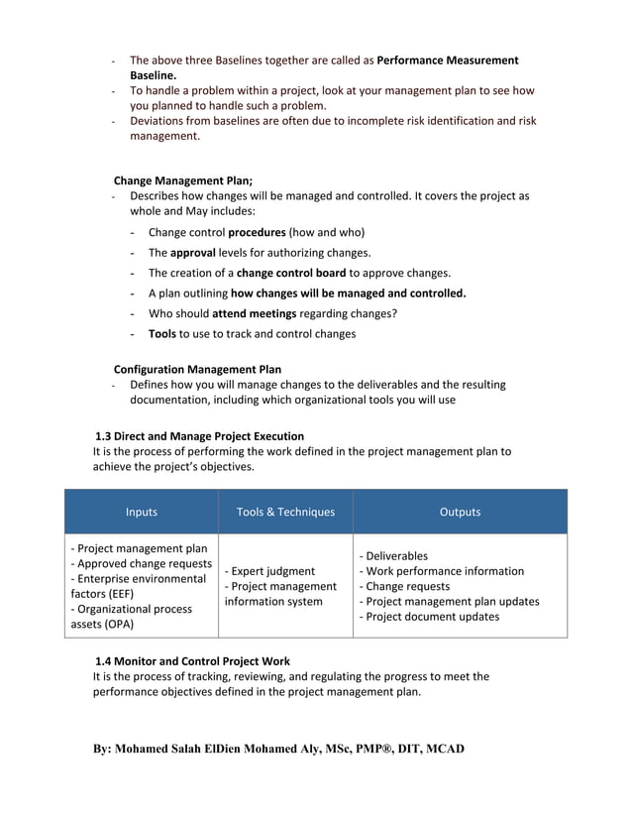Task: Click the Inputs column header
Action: click(x=141, y=513)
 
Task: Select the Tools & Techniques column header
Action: click(x=285, y=513)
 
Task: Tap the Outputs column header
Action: click(x=460, y=513)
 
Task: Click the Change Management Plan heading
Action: click(x=183, y=180)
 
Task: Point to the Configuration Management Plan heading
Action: click(x=197, y=369)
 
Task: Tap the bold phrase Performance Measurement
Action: click(x=448, y=60)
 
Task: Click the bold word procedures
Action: click(x=257, y=232)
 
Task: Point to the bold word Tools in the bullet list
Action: click(x=161, y=334)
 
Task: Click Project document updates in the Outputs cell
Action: click(x=429, y=617)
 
